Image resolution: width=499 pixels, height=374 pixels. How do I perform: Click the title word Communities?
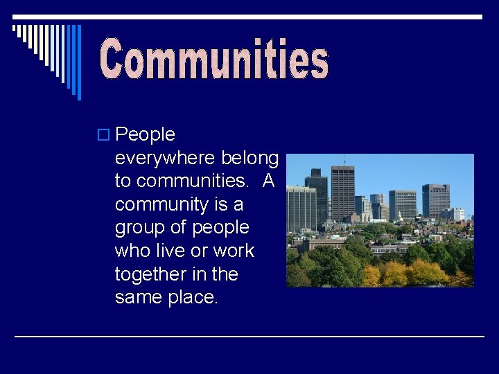point(214,60)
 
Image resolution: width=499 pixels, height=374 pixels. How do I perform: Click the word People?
point(146,134)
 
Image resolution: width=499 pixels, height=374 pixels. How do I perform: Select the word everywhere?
point(166,158)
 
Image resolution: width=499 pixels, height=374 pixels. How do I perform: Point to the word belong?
point(250,158)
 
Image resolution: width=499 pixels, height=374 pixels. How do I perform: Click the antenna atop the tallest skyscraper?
point(342,161)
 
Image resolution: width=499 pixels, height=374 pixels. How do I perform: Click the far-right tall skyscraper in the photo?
point(435,201)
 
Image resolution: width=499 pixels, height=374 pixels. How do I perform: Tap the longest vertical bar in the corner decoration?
point(78,62)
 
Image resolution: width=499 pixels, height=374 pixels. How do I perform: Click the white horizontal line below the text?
point(249,337)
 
